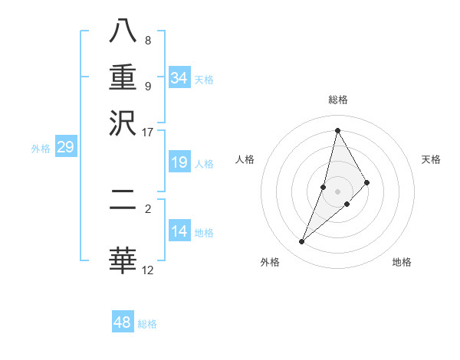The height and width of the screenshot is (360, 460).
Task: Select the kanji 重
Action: pos(123,77)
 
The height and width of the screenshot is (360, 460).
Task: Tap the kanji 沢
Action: pos(123,122)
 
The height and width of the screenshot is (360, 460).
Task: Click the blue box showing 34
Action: pos(179,78)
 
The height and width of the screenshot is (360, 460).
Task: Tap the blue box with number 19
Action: pos(179,163)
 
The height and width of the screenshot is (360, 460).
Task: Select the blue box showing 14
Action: pos(179,231)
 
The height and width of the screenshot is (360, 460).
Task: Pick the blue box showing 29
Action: pos(65,148)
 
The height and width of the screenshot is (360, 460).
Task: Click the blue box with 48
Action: pos(123,322)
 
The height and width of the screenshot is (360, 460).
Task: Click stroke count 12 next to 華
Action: pos(147,270)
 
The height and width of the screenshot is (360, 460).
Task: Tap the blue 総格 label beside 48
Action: pos(147,324)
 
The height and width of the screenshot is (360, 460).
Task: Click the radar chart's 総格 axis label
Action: pos(337,100)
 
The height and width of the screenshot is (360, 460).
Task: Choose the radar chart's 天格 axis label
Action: pos(431,159)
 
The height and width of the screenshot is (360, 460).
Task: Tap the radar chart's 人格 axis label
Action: pos(245,159)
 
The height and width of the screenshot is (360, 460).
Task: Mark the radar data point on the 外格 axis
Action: pos(301,242)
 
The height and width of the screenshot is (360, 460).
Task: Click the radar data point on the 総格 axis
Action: pos(337,130)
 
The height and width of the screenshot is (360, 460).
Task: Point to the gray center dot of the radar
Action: pos(337,191)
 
